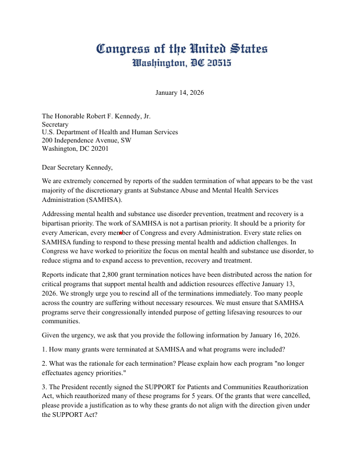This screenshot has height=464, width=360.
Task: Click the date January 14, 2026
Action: (180, 92)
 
